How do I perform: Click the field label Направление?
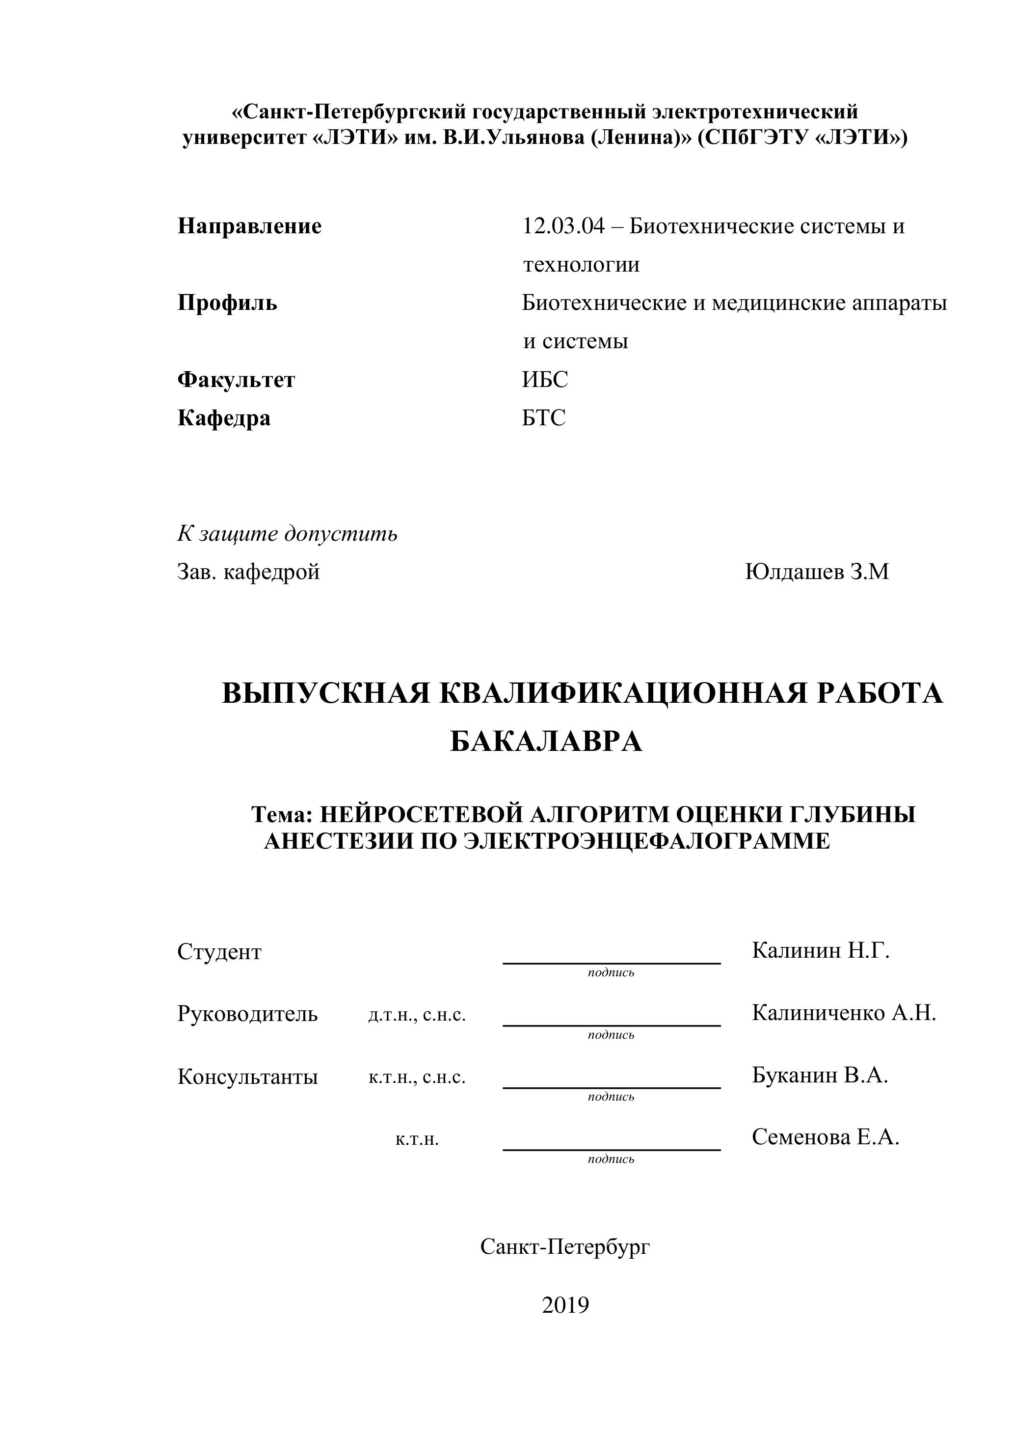(x=249, y=226)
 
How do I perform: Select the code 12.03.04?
(x=563, y=226)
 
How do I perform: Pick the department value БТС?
(x=544, y=418)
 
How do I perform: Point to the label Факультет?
(x=236, y=380)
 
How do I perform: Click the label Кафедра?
(x=224, y=418)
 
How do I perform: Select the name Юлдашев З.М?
(x=816, y=572)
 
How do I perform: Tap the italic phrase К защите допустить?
(x=287, y=533)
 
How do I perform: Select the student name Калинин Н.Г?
(x=820, y=951)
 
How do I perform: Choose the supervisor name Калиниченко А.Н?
(x=843, y=1013)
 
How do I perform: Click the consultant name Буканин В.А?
(x=820, y=1075)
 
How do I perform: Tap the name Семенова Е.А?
(x=825, y=1136)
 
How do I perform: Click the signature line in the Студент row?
(x=612, y=963)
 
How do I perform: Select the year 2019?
(x=565, y=1305)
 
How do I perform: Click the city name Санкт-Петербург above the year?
(x=565, y=1246)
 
